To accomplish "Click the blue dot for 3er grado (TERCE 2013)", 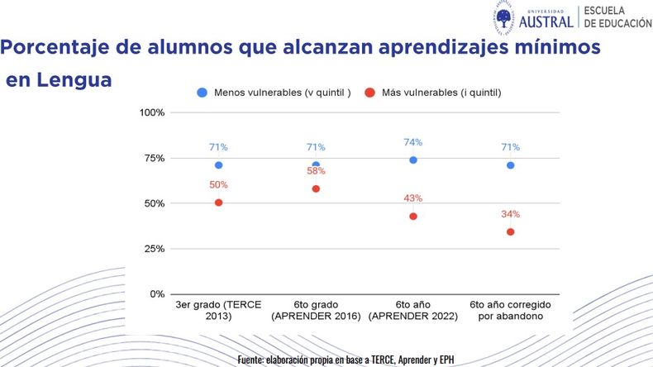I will pyautogui.click(x=218, y=165).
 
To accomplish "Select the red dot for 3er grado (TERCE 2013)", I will pyautogui.click(x=218, y=203).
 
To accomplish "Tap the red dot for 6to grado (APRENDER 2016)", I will pyautogui.click(x=316, y=189).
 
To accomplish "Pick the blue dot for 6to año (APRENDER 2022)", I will pyautogui.click(x=413, y=160).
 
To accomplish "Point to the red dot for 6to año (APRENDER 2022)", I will pyautogui.click(x=413, y=217).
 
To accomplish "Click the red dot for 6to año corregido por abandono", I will pyautogui.click(x=510, y=232).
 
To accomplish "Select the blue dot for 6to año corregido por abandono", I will pyautogui.click(x=510, y=165).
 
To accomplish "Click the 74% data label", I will pyautogui.click(x=413, y=141).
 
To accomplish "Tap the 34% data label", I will pyautogui.click(x=510, y=214).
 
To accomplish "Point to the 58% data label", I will pyautogui.click(x=316, y=171).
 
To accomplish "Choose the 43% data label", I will pyautogui.click(x=413, y=198).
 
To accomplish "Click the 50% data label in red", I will pyautogui.click(x=218, y=184).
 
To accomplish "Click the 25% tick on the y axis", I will pyautogui.click(x=154, y=249).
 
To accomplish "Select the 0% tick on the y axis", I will pyautogui.click(x=157, y=294).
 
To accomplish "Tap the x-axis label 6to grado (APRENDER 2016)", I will pyautogui.click(x=316, y=311).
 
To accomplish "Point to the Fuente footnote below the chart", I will pyautogui.click(x=346, y=360).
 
